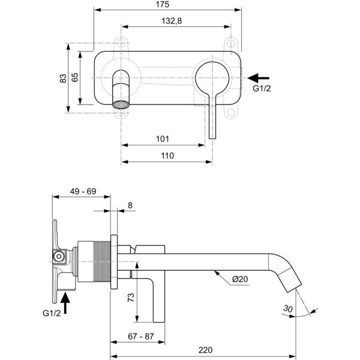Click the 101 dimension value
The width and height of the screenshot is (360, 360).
[162, 139]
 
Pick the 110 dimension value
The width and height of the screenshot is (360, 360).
[167, 155]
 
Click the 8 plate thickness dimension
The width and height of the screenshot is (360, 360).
[131, 206]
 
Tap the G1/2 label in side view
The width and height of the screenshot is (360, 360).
[52, 313]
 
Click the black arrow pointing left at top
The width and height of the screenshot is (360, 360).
[259, 77]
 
